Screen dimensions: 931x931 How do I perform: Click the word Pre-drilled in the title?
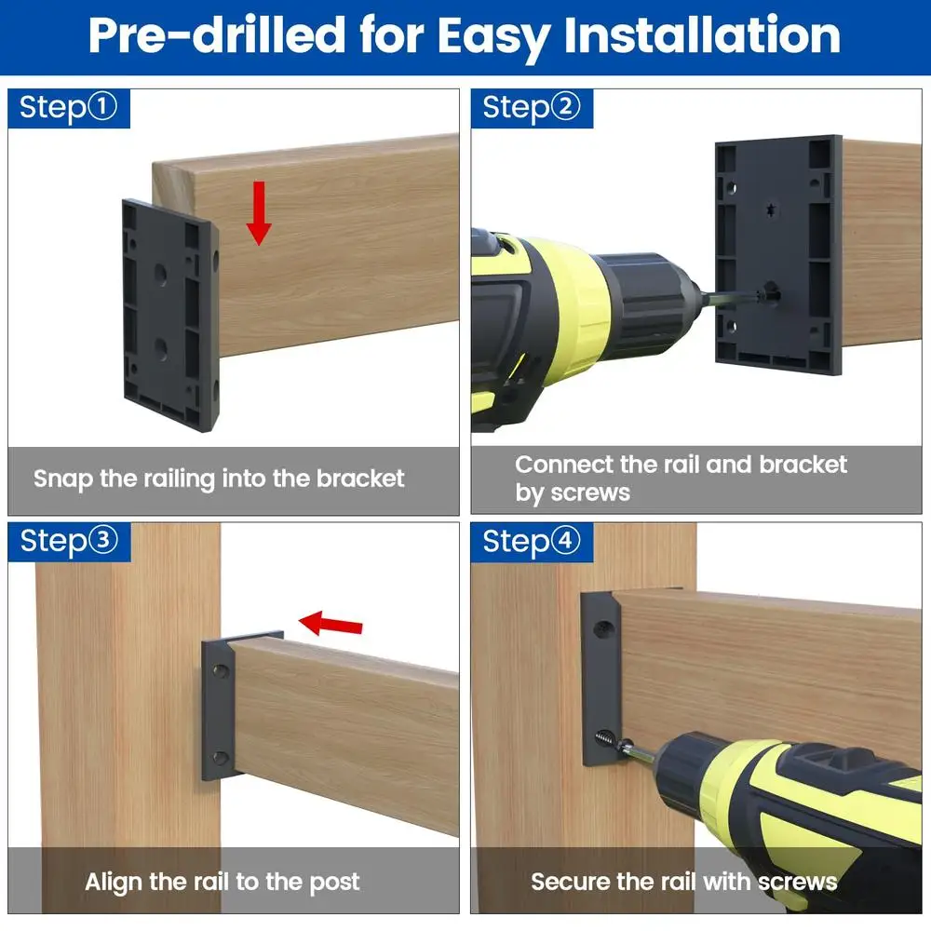click(216, 34)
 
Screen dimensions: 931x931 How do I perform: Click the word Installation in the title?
click(702, 34)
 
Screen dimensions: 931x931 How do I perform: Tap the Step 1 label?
click(69, 107)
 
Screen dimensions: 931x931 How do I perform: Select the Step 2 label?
click(532, 107)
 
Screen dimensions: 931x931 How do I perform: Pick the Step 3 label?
click(69, 541)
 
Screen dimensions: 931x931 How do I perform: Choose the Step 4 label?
click(532, 541)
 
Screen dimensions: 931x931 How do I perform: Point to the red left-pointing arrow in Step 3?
click(332, 623)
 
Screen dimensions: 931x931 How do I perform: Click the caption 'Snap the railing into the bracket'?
click(220, 479)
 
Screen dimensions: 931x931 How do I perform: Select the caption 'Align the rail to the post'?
click(223, 882)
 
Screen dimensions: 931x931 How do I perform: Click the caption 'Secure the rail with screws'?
click(684, 882)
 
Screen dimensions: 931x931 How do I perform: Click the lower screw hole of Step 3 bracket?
click(221, 757)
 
